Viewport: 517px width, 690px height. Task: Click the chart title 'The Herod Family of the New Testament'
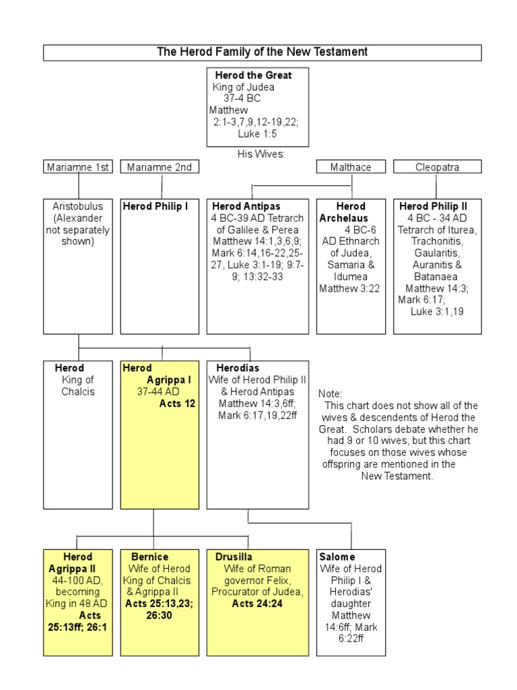point(262,52)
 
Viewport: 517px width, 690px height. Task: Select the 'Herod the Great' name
point(252,75)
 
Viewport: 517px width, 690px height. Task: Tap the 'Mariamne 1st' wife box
point(79,167)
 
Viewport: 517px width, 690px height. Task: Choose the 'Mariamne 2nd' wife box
point(160,167)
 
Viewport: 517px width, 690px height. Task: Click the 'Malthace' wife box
point(351,167)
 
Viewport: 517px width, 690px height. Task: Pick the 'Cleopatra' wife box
point(437,167)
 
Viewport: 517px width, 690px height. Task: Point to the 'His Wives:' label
point(261,154)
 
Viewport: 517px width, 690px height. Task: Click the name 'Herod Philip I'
point(156,206)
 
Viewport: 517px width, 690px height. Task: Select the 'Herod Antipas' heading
point(246,206)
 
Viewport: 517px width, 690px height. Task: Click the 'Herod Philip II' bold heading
point(433,206)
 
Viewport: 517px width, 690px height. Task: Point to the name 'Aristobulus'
point(79,206)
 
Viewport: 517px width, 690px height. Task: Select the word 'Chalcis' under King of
point(79,392)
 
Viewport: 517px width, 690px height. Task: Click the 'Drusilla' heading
point(234,557)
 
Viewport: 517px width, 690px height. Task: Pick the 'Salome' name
point(337,557)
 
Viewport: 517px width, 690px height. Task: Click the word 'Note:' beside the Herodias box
point(331,394)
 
